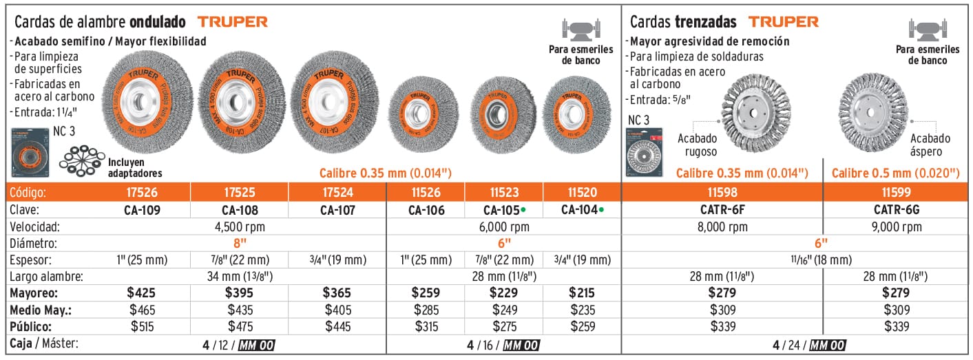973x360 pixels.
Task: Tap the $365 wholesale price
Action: point(337,293)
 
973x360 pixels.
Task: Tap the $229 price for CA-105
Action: point(503,293)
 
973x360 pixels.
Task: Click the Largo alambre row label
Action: point(46,277)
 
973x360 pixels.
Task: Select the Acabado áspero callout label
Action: point(934,144)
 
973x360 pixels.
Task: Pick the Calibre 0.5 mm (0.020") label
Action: point(895,173)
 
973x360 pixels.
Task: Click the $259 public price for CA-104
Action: point(582,326)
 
